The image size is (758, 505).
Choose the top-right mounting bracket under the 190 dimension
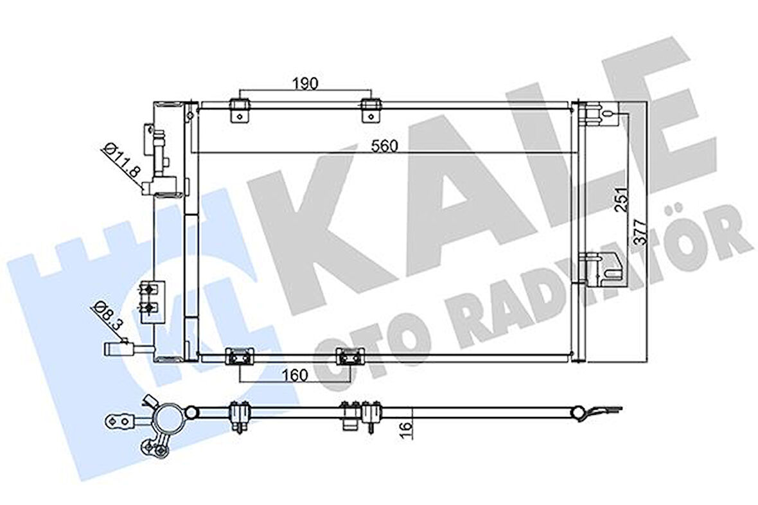(x=370, y=109)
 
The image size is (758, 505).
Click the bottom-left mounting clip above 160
(x=239, y=355)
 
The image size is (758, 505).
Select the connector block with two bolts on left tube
(x=149, y=299)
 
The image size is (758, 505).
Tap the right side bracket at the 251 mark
(x=600, y=269)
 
